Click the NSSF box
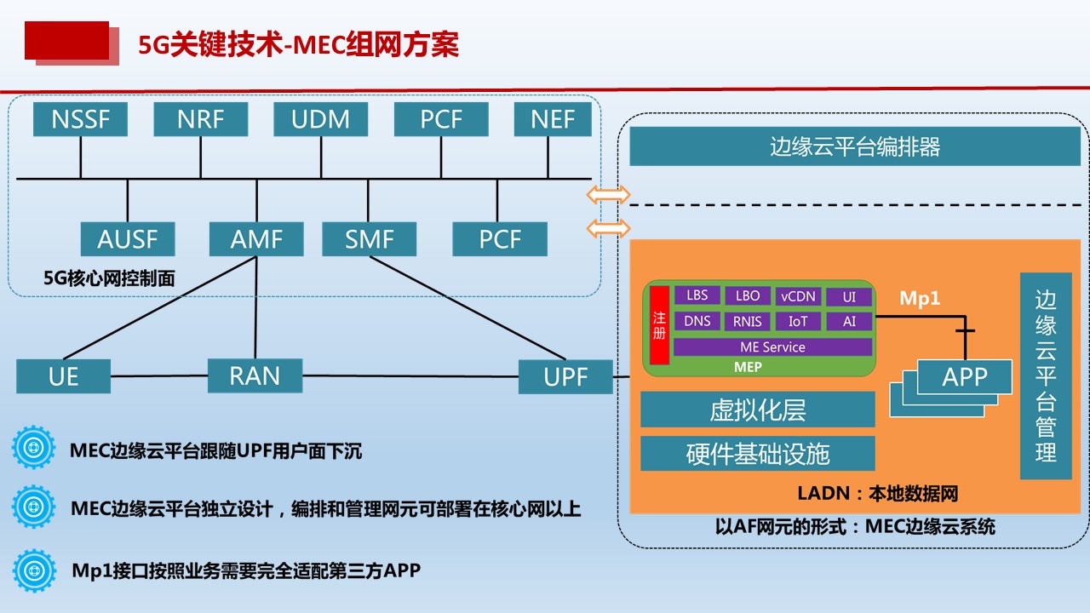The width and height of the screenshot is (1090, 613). point(80,119)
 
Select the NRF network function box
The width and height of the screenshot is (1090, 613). point(200,119)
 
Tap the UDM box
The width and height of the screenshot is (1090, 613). point(321,119)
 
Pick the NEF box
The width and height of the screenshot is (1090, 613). point(553,119)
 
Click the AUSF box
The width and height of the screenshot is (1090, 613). point(128,239)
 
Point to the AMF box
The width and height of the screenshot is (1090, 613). point(256,239)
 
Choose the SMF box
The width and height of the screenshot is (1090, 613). point(370,239)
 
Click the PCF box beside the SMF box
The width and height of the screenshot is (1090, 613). point(500,239)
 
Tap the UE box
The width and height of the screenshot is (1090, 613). point(63,376)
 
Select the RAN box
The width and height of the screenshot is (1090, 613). point(255,375)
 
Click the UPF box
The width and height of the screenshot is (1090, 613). point(565,376)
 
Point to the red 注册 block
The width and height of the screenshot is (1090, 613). point(659,325)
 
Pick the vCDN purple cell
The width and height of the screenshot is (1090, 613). point(798,296)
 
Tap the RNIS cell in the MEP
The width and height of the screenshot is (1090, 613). point(748,321)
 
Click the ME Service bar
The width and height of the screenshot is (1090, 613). point(772,347)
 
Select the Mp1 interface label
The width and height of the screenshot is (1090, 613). point(920,298)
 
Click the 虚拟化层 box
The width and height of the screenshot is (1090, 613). point(758,410)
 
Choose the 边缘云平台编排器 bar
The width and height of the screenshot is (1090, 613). point(855,146)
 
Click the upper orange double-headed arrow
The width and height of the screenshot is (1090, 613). point(608,195)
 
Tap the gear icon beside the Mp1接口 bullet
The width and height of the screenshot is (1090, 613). point(34,570)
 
